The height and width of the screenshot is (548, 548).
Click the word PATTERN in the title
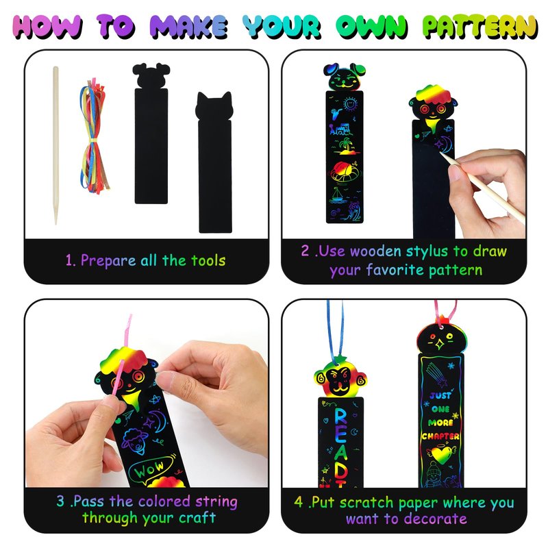pyautogui.click(x=480, y=27)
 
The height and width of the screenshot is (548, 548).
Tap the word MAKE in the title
pyautogui.click(x=189, y=27)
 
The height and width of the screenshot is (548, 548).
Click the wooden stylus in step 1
pyautogui.click(x=55, y=145)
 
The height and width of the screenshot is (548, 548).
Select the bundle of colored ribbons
pyautogui.click(x=94, y=137)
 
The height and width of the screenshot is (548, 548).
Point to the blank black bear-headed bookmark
pyautogui.click(x=151, y=134)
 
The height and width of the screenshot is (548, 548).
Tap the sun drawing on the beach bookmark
pyautogui.click(x=349, y=104)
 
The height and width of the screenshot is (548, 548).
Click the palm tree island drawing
pyautogui.click(x=346, y=147)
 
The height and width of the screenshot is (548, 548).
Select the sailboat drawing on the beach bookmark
pyautogui.click(x=337, y=195)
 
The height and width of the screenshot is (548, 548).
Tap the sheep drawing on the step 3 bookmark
pyautogui.click(x=134, y=442)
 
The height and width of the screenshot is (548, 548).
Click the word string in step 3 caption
pyautogui.click(x=216, y=502)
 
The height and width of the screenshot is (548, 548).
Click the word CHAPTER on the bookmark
pyautogui.click(x=440, y=436)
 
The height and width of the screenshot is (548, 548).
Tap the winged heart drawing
pyautogui.click(x=441, y=453)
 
